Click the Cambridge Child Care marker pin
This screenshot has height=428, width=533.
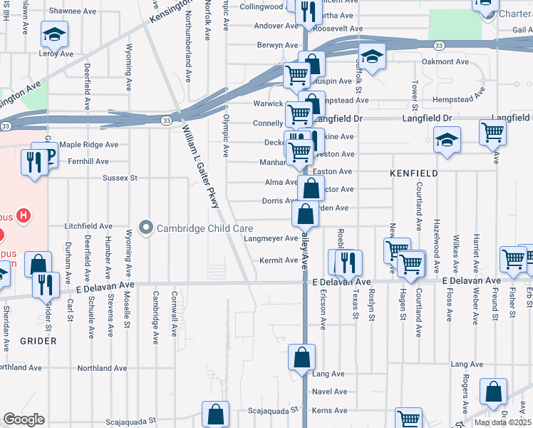click(146, 228)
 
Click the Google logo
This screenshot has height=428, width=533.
click(23, 419)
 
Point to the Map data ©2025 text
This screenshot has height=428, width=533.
click(503, 422)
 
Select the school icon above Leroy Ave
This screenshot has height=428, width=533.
click(53, 33)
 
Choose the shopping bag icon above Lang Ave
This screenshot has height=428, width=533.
click(302, 356)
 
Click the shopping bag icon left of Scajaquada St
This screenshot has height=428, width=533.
click(215, 414)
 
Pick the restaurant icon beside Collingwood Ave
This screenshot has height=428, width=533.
click(308, 10)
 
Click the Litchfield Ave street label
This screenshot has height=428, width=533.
click(88, 226)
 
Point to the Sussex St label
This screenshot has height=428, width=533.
click(119, 178)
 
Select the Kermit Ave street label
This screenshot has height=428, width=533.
click(279, 260)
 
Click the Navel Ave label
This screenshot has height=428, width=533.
click(328, 392)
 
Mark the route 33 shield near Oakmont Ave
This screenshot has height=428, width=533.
click(440, 45)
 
